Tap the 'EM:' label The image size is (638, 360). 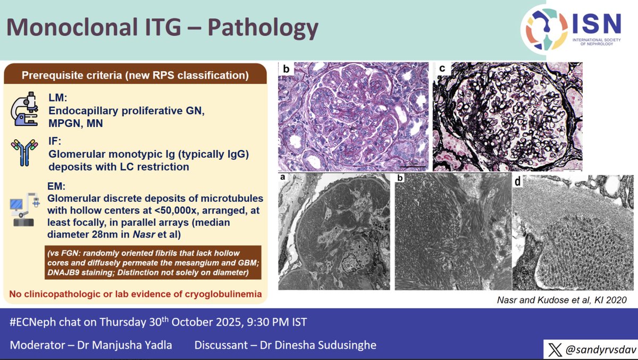click(x=56, y=188)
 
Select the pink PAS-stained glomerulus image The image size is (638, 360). click(x=353, y=116)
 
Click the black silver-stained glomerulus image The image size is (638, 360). click(x=507, y=116)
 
